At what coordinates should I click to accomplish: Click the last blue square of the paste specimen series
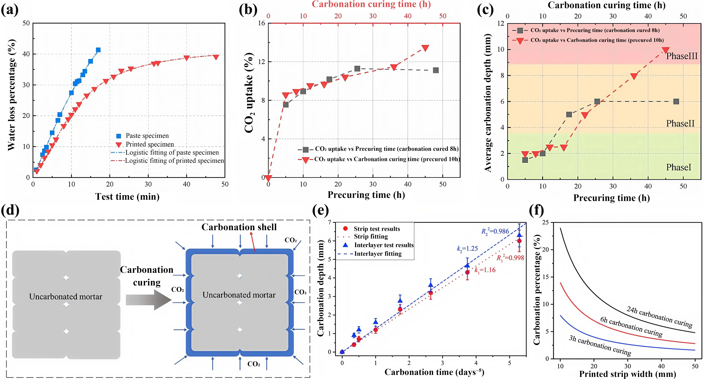point(98,50)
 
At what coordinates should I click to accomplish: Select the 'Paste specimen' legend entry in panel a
point(147,136)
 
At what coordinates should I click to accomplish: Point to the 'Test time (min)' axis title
point(127,197)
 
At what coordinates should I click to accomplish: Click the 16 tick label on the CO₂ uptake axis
point(262,23)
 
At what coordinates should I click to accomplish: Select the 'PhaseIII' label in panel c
point(682,56)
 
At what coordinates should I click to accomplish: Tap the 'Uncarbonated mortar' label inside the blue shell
point(239,295)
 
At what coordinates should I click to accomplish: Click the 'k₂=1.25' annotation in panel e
point(467,249)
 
